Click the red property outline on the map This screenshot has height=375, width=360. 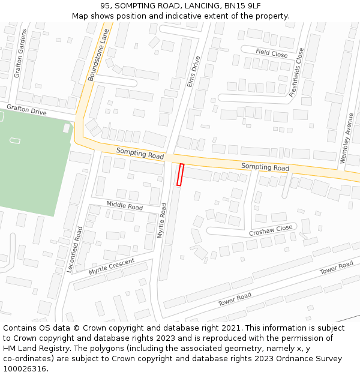[x=180, y=175]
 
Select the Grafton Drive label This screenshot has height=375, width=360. [x=26, y=109]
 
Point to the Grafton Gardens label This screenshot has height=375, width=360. [x=20, y=53]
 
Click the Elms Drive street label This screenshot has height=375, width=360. [x=194, y=72]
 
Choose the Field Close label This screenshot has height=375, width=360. [x=271, y=53]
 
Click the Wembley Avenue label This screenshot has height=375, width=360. [x=346, y=138]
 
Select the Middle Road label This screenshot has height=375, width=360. [x=124, y=205]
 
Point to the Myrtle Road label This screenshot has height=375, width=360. [x=162, y=221]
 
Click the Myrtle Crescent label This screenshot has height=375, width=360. [x=112, y=266]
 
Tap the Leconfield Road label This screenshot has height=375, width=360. [x=75, y=250]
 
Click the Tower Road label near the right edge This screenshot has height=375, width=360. [x=337, y=268]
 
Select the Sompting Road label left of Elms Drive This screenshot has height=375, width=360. [x=140, y=154]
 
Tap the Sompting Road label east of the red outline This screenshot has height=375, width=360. [x=265, y=167]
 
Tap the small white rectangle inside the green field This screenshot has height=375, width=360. [x=15, y=140]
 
